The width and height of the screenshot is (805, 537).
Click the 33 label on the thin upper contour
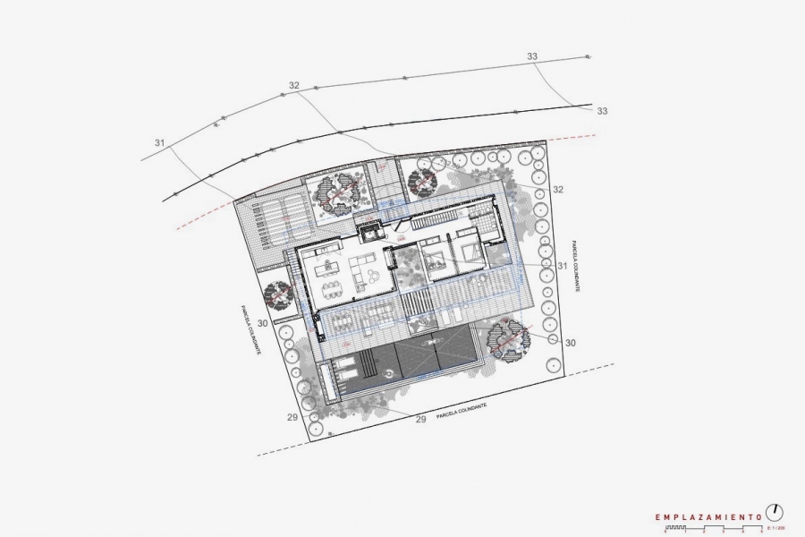(x=532, y=56)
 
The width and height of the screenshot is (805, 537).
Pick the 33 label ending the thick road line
(x=602, y=111)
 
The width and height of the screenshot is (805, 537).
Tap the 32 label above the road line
(x=293, y=86)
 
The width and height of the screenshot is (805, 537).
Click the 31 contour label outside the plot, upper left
(x=160, y=143)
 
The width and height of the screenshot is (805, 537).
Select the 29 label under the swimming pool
(x=421, y=419)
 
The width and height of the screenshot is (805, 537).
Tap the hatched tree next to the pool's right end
(x=508, y=338)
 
